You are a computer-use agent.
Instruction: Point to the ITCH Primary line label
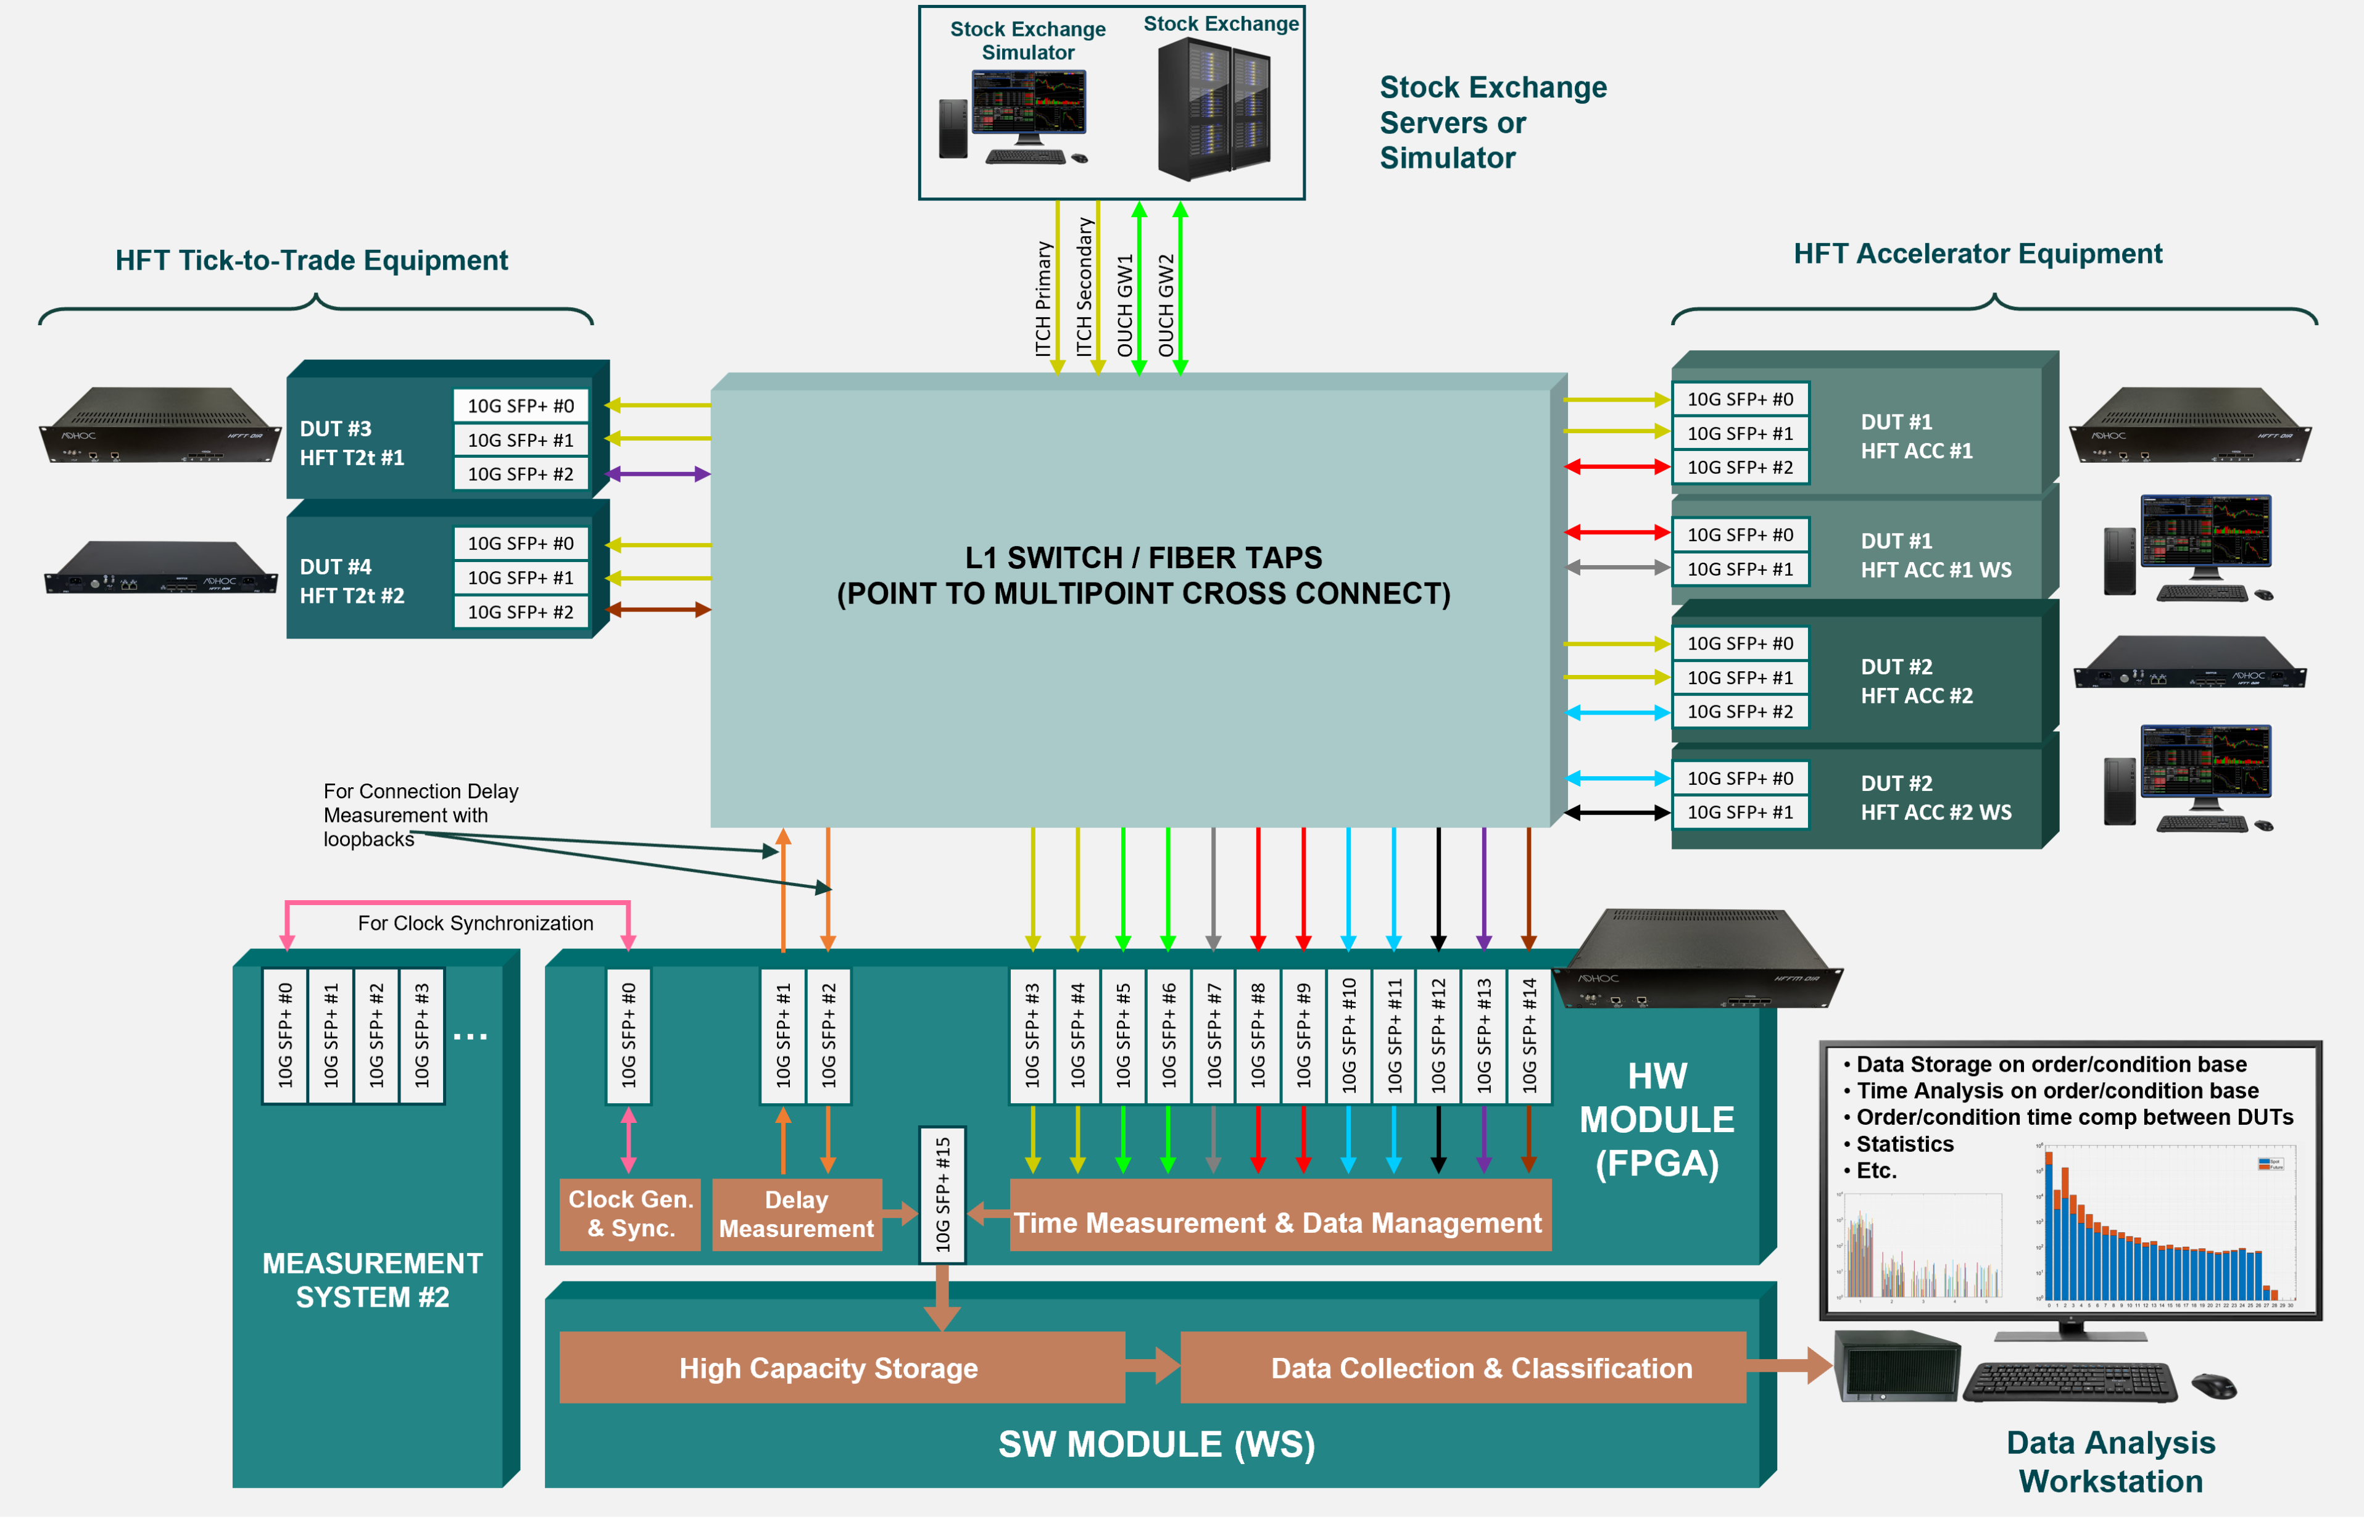click(x=1042, y=298)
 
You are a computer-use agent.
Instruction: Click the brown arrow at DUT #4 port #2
click(x=658, y=610)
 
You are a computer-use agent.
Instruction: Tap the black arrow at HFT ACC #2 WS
click(x=1617, y=813)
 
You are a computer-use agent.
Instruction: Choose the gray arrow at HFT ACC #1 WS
click(x=1617, y=568)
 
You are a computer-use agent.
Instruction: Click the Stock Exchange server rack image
click(x=1214, y=109)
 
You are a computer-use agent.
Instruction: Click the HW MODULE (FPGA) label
click(x=1657, y=1120)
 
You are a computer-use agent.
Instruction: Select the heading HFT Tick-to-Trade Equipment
click(x=312, y=260)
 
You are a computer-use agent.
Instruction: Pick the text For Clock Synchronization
click(x=475, y=923)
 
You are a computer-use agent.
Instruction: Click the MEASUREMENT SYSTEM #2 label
click(x=373, y=1280)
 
